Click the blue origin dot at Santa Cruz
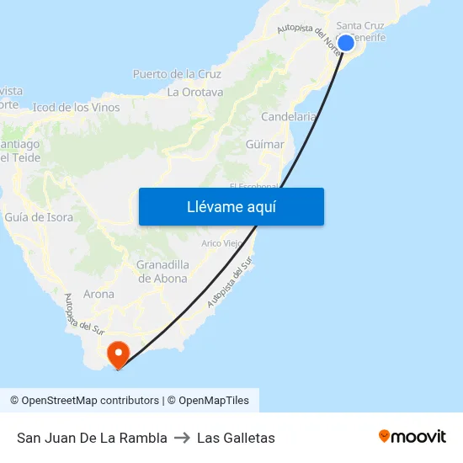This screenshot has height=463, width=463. (345, 43)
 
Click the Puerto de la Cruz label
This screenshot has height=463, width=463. (177, 74)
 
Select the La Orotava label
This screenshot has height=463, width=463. (195, 92)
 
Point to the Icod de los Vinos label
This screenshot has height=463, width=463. (77, 108)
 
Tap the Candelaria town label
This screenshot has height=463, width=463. (289, 116)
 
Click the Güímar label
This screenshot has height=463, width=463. (264, 145)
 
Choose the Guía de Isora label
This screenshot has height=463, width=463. (39, 217)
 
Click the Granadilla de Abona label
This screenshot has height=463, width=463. (162, 272)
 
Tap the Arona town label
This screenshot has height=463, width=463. (99, 295)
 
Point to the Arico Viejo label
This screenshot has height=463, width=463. (221, 243)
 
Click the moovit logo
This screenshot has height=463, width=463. (412, 436)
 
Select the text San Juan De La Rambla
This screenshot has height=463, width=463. (92, 438)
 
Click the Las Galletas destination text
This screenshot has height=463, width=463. (236, 438)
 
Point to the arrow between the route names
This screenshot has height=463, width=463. (182, 438)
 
